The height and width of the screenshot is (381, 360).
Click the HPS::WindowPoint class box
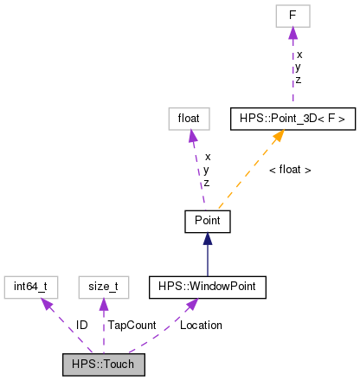coord(207,286)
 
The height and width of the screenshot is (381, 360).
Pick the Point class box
coord(207,221)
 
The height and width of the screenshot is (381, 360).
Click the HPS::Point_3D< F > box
coord(292,118)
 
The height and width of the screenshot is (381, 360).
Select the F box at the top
coord(292,16)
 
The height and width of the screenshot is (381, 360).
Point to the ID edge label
coord(81,325)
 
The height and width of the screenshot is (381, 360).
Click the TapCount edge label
coord(132,325)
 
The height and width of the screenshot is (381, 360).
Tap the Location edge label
coord(201,325)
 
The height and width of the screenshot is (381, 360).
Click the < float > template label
coord(289,170)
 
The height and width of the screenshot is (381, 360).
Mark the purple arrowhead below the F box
coord(292,33)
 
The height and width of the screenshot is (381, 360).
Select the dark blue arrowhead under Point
coord(207,239)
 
